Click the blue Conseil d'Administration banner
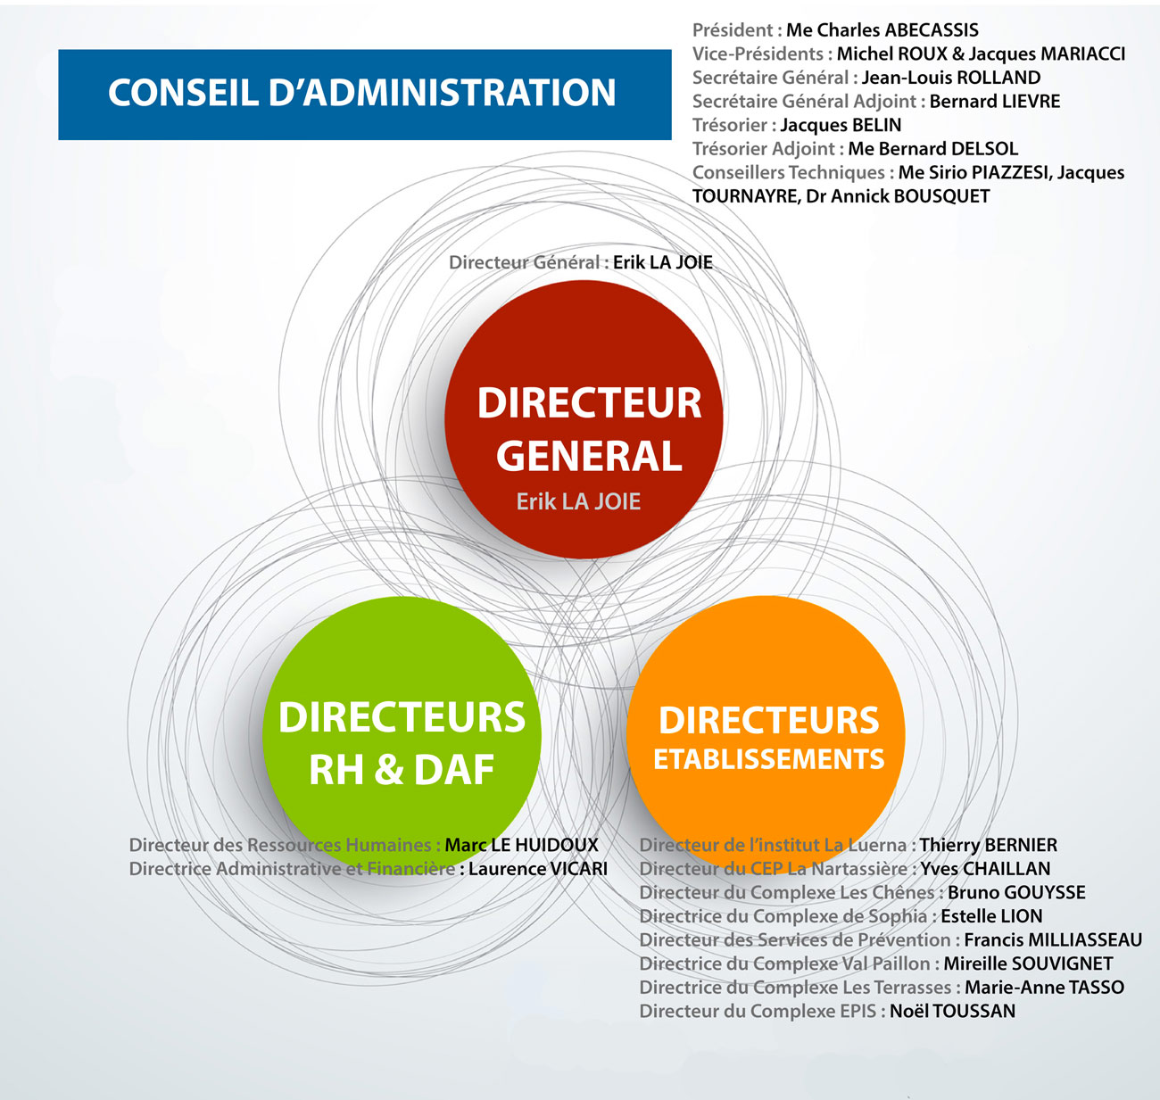[365, 95]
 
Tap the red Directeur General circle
[584, 419]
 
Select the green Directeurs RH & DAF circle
[402, 736]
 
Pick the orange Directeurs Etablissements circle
[766, 735]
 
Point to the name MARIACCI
[1082, 54]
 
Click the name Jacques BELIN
[841, 125]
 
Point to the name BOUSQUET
[941, 196]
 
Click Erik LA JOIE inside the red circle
[578, 501]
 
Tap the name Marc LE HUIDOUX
[522, 845]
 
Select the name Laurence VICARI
[538, 869]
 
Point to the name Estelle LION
[992, 916]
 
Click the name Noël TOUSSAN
[952, 1011]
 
